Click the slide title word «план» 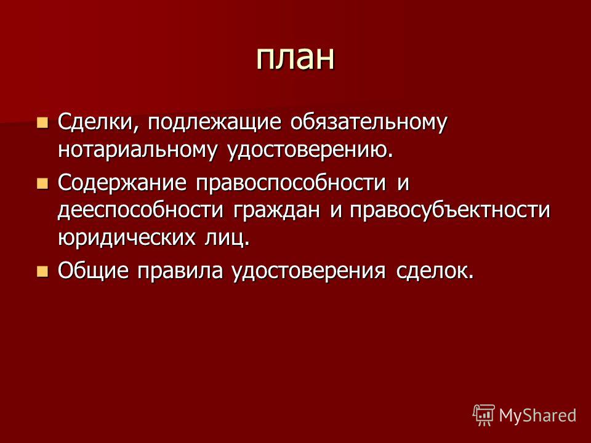295,58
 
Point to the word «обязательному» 369,123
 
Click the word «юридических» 127,238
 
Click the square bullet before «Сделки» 42,123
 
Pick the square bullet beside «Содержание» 42,183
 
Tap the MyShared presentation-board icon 484,415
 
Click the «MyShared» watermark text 537,415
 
